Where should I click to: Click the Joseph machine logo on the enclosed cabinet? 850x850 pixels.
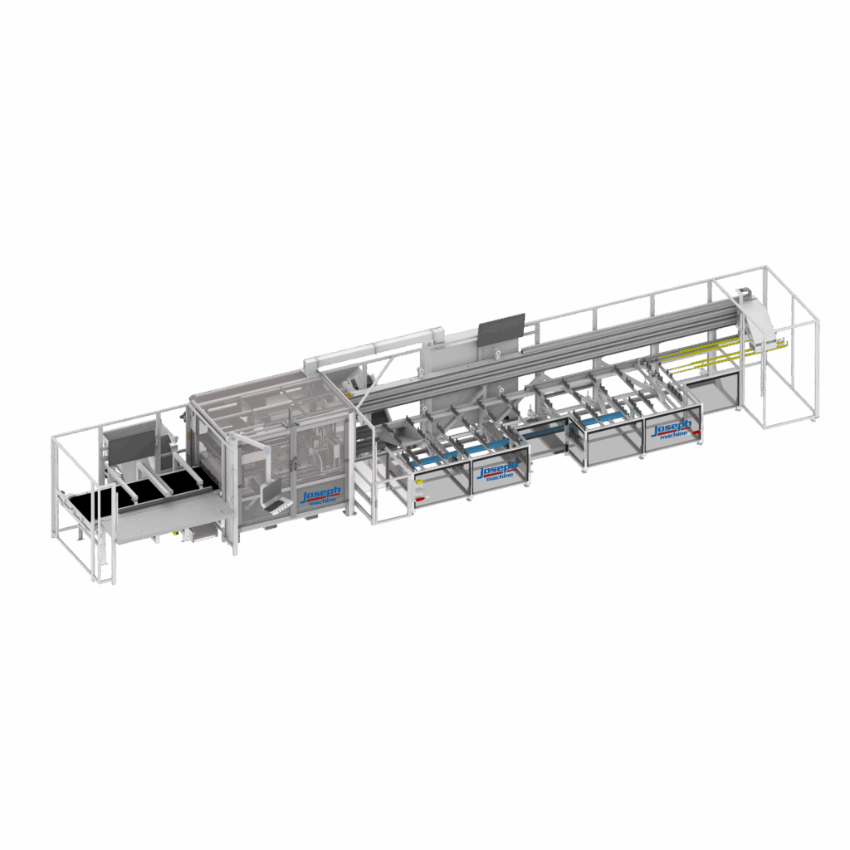coord(320,496)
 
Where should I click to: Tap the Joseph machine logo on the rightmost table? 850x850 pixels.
coord(673,428)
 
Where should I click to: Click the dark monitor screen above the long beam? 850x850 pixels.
coord(501,329)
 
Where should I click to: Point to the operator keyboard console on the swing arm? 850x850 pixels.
coord(271,496)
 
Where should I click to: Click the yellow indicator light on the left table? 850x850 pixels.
coord(419,481)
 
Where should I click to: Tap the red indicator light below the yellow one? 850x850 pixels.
coord(419,498)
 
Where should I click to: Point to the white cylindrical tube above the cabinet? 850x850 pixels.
coord(374,349)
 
